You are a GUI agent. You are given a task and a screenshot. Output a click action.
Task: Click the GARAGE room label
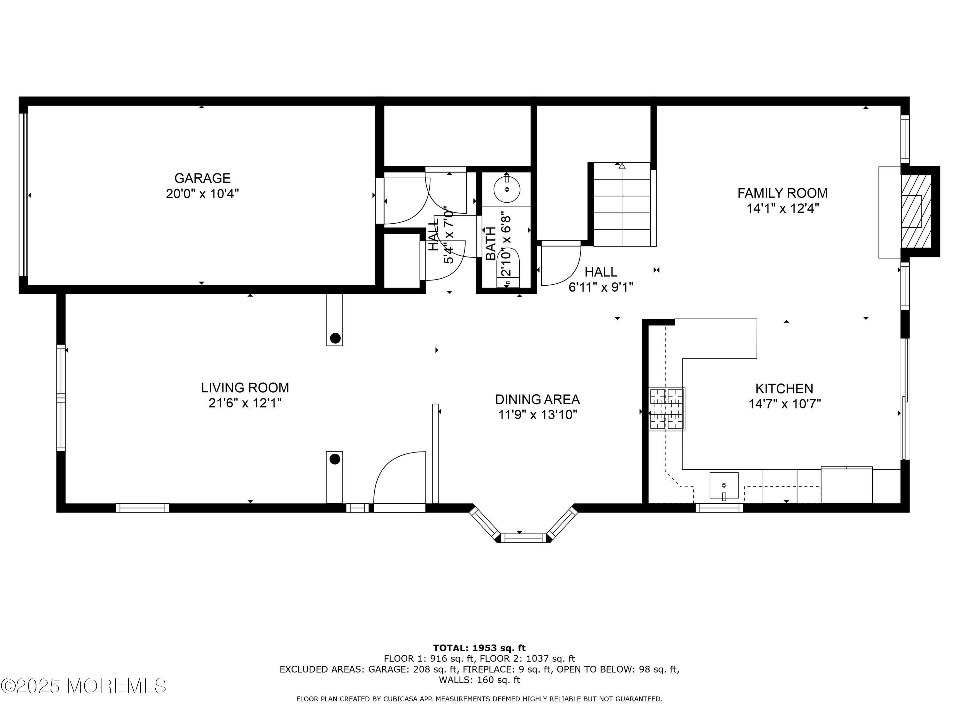click(202, 178)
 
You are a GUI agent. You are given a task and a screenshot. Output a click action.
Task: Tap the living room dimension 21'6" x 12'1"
click(245, 403)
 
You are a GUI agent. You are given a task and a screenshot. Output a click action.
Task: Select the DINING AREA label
click(537, 399)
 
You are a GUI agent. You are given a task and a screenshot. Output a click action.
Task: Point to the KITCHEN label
click(784, 388)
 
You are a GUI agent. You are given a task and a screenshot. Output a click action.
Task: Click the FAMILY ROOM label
click(782, 193)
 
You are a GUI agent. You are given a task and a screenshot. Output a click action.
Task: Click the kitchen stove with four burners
click(667, 409)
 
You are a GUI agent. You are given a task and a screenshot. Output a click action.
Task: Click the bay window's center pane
click(524, 538)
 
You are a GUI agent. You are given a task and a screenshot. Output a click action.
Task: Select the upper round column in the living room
click(335, 338)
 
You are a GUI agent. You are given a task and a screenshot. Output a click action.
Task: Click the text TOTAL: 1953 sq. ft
click(479, 648)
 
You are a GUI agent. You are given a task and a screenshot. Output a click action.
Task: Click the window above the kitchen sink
click(719, 508)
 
